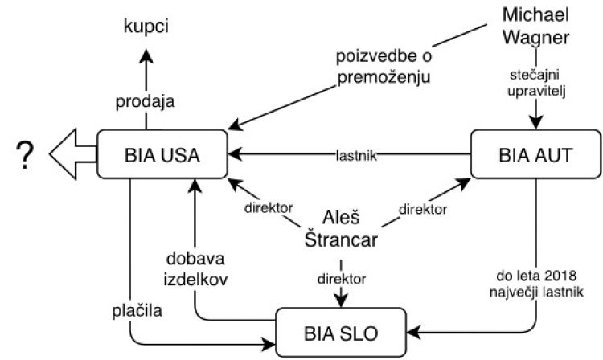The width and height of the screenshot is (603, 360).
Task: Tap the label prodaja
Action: click(x=146, y=102)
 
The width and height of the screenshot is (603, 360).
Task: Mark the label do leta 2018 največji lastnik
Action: click(x=532, y=281)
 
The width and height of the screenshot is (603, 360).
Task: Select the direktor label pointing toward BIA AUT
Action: click(x=421, y=209)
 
